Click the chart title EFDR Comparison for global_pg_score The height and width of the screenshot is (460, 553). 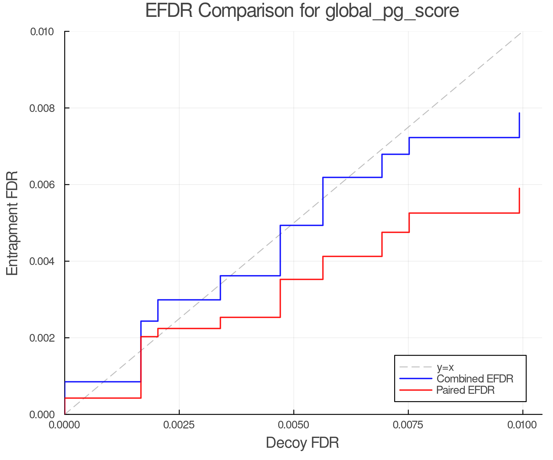coord(302,11)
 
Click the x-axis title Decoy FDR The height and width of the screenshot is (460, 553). coord(302,443)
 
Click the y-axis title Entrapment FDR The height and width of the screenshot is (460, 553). coord(13,223)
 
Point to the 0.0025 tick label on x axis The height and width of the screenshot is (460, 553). coord(179,425)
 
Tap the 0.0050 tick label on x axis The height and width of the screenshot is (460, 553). coord(293,425)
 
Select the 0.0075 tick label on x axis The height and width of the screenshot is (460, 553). coord(408,425)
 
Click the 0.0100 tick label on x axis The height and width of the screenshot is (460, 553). coord(522,425)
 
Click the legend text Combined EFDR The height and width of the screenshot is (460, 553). coord(475,379)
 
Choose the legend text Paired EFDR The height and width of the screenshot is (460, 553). coord(465,390)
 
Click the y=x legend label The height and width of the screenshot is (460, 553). coord(445,367)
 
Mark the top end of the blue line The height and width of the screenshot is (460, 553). coord(519,113)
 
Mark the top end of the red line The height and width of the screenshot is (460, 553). coord(519,189)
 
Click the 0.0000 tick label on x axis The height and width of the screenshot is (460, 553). coord(65,425)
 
